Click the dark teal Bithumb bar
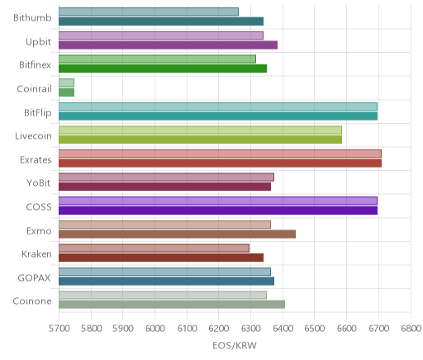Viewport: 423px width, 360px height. point(161,21)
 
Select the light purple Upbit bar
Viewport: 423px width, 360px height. point(161,36)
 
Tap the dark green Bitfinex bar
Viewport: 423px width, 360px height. point(163,69)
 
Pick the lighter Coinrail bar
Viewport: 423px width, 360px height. point(66,83)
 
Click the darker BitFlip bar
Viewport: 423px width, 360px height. point(218,116)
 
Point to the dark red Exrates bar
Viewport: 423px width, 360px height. point(220,163)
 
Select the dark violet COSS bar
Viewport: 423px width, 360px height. point(218,211)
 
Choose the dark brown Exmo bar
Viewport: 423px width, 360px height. point(177,234)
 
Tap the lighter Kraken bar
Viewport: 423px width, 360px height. point(154,248)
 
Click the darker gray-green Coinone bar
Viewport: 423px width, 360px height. point(172,305)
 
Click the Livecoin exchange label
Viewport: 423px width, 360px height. point(33,136)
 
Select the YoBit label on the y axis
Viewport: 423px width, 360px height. point(39,183)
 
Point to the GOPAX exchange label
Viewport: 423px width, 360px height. point(35,277)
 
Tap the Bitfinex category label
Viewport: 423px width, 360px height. point(35,65)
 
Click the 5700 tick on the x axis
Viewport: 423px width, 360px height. point(59,329)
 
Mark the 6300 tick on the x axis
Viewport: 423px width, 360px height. point(250,329)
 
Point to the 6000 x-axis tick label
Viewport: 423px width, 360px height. point(154,329)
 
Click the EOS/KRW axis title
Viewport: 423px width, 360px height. point(235,345)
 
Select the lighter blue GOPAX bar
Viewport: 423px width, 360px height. point(164,272)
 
